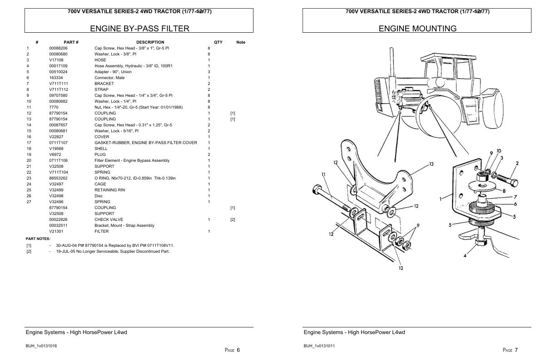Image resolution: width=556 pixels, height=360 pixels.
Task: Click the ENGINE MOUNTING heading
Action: pyautogui.click(x=417, y=29)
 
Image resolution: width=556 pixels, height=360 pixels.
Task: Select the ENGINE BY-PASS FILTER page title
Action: pyautogui.click(x=139, y=29)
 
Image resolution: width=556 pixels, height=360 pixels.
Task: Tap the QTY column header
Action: pyautogui.click(x=218, y=42)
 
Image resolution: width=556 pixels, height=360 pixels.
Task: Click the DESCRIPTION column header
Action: pyautogui.click(x=150, y=42)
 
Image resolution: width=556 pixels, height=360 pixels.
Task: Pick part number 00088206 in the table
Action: pyautogui.click(x=58, y=48)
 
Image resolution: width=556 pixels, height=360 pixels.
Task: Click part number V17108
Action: pyautogui.click(x=56, y=60)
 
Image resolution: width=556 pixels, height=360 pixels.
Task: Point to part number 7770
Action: pyautogui.click(x=54, y=107)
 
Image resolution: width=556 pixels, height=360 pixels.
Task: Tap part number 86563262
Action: pyautogui.click(x=58, y=178)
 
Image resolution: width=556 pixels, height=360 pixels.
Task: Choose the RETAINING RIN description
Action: pyautogui.click(x=109, y=190)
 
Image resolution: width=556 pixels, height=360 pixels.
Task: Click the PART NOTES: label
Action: pyautogui.click(x=38, y=239)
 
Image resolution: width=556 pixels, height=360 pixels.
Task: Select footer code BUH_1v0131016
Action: pyautogui.click(x=41, y=346)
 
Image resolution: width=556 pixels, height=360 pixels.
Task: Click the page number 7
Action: pyautogui.click(x=516, y=350)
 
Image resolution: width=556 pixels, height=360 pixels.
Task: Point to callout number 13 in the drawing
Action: pyautogui.click(x=431, y=164)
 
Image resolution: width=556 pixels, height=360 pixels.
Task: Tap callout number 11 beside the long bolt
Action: pyautogui.click(x=323, y=174)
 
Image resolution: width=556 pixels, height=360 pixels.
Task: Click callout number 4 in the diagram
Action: pyautogui.click(x=465, y=255)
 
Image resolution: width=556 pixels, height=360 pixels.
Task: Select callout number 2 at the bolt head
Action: pyautogui.click(x=517, y=164)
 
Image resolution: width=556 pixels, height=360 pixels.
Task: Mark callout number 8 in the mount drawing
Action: pyautogui.click(x=504, y=191)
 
